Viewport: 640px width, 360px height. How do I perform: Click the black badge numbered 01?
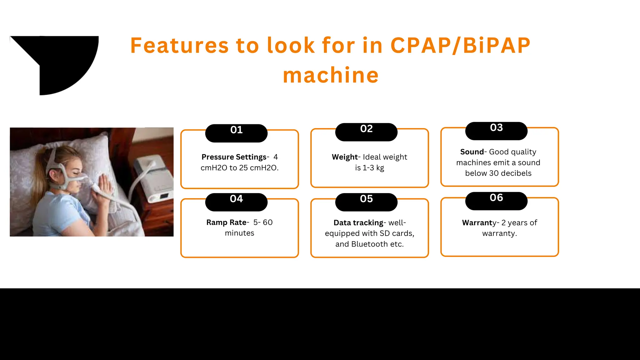236,133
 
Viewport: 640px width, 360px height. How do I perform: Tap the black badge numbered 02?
366,132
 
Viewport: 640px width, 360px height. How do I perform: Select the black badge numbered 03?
496,131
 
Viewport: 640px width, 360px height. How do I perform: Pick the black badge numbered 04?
236,202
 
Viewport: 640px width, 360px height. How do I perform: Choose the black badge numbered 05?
366,202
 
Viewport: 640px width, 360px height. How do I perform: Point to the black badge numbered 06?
496,201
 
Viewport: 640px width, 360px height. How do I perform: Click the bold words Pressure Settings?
234,157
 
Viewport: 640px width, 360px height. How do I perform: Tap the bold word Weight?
344,157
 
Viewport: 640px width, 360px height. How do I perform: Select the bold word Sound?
472,152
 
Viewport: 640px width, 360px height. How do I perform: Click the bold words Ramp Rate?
226,222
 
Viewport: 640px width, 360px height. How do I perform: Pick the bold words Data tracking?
358,223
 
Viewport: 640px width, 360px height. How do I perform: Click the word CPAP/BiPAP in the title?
460,46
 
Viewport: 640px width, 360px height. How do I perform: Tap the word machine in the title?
331,75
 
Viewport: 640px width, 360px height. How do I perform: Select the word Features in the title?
179,46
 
